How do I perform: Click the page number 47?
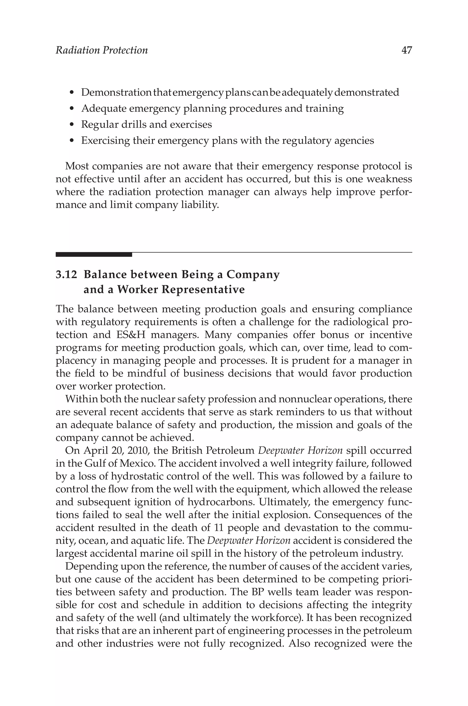(x=407, y=50)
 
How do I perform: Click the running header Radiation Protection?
(x=101, y=50)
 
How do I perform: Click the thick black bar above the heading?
(x=94, y=254)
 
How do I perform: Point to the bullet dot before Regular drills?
(x=71, y=125)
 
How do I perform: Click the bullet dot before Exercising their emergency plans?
(x=71, y=141)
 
